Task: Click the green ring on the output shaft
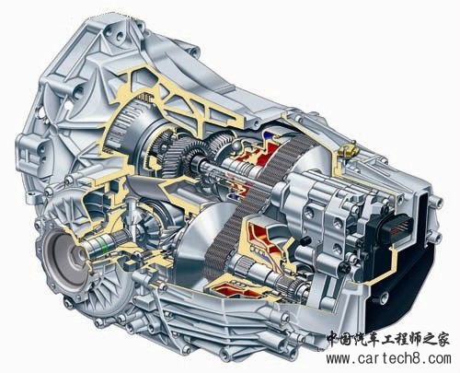click(104, 241)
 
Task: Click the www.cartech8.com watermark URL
click(388, 358)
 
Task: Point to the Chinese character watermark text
click(388, 339)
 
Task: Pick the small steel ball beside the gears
click(236, 146)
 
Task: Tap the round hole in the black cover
click(384, 297)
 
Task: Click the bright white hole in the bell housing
click(69, 106)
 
